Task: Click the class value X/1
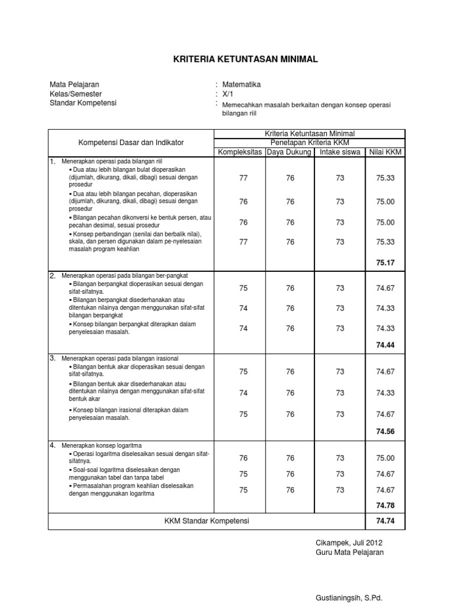(x=228, y=94)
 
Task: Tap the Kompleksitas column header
(x=241, y=153)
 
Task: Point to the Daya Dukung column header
(x=290, y=153)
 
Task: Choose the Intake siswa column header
(x=340, y=153)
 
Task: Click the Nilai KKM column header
(x=385, y=153)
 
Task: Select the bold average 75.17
(x=385, y=262)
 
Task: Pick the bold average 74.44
(x=385, y=345)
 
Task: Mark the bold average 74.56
(x=385, y=431)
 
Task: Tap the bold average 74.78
(x=385, y=505)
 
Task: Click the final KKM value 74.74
(x=385, y=521)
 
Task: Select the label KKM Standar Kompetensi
(x=207, y=521)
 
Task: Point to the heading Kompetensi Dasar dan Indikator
(x=131, y=143)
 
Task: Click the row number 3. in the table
(x=52, y=358)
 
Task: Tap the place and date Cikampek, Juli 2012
(x=349, y=542)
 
